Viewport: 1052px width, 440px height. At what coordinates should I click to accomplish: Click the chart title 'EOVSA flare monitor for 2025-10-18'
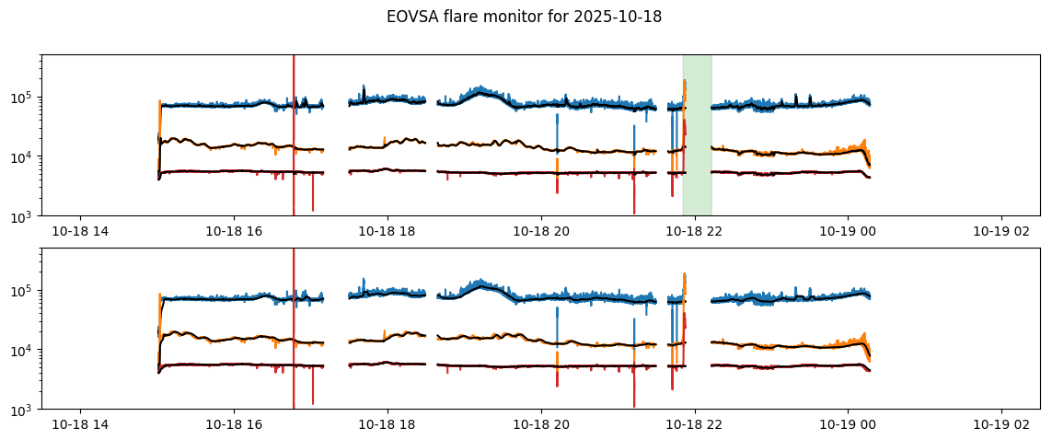524,17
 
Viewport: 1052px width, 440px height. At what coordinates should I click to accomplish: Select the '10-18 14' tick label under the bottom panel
81,427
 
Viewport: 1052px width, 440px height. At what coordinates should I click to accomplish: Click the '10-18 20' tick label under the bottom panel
541,427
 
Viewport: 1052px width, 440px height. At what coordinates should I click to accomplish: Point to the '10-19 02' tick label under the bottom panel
1001,427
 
